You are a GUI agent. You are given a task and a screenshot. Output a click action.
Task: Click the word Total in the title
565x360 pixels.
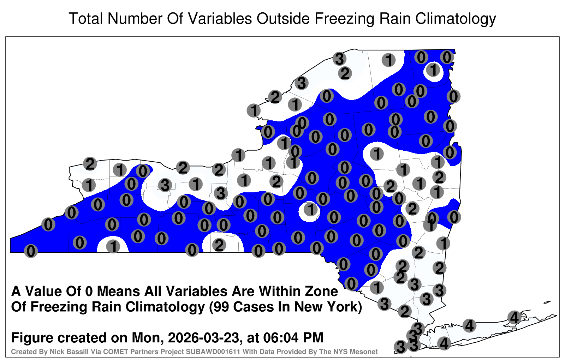point(86,18)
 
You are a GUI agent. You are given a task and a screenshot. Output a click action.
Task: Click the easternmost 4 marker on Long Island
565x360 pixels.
point(514,317)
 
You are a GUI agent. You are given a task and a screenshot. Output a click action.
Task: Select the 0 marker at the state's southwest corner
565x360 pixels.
point(31,251)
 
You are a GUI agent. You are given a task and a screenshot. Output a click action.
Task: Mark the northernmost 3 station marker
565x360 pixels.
point(339,59)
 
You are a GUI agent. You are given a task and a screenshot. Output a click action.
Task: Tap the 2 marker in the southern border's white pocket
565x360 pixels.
point(219,245)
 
